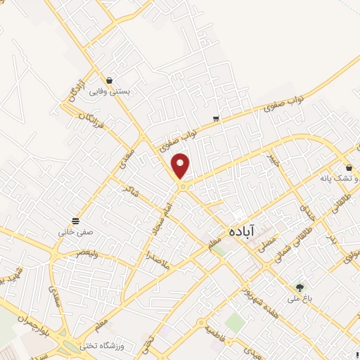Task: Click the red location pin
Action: tap(181, 165)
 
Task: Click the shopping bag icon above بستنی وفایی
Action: tap(110, 80)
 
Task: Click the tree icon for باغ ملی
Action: tap(300, 288)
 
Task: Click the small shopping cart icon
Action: tap(216, 119)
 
